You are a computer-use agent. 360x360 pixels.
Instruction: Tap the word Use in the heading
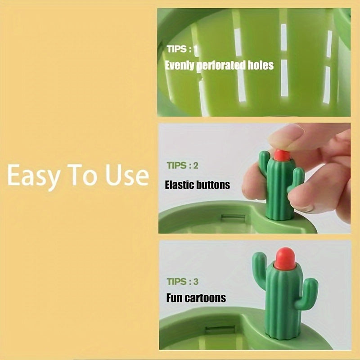click(127, 175)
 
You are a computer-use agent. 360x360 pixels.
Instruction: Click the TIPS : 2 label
click(182, 166)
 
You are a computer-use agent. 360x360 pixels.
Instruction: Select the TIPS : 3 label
click(182, 282)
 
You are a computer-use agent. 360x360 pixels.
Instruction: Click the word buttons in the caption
click(213, 185)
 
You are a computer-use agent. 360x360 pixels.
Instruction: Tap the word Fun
click(174, 298)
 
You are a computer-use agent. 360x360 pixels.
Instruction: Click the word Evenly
click(180, 66)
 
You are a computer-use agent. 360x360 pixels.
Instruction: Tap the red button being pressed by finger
click(282, 155)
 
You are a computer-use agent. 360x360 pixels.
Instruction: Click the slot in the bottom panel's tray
click(220, 330)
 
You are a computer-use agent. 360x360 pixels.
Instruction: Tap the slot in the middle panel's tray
click(233, 217)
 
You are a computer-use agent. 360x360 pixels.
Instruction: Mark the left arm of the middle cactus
click(264, 163)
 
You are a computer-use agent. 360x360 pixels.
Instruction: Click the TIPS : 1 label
click(182, 49)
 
